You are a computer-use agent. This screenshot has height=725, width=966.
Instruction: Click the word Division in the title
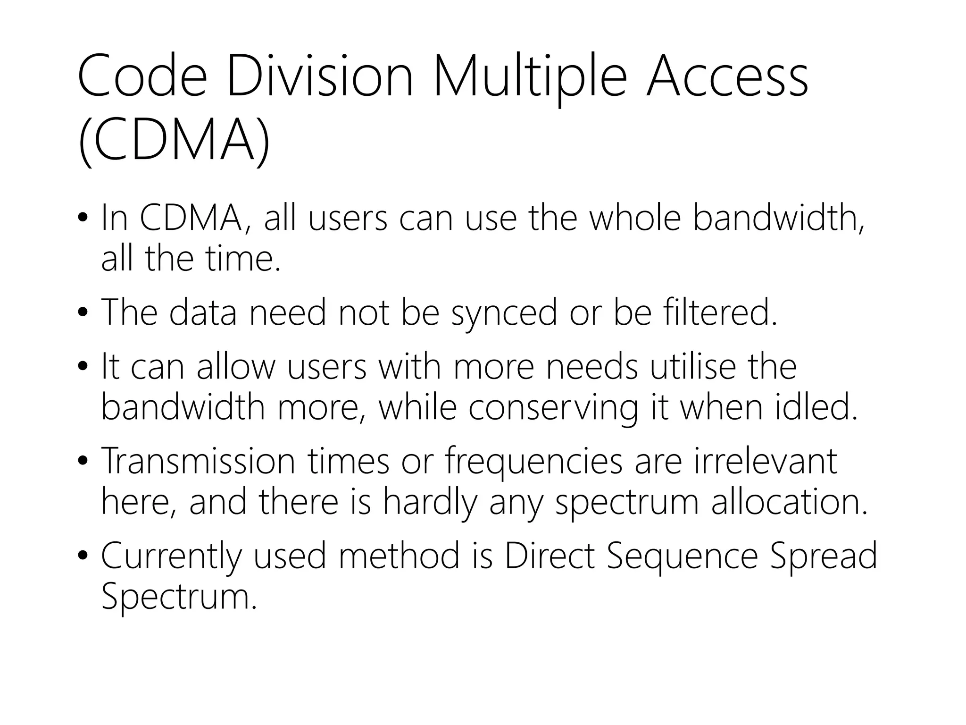point(320,77)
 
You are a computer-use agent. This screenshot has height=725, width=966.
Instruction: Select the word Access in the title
point(727,77)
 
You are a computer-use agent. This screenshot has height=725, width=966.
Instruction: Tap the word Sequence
point(682,556)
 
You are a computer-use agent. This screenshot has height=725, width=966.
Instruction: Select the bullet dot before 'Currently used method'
point(83,556)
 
